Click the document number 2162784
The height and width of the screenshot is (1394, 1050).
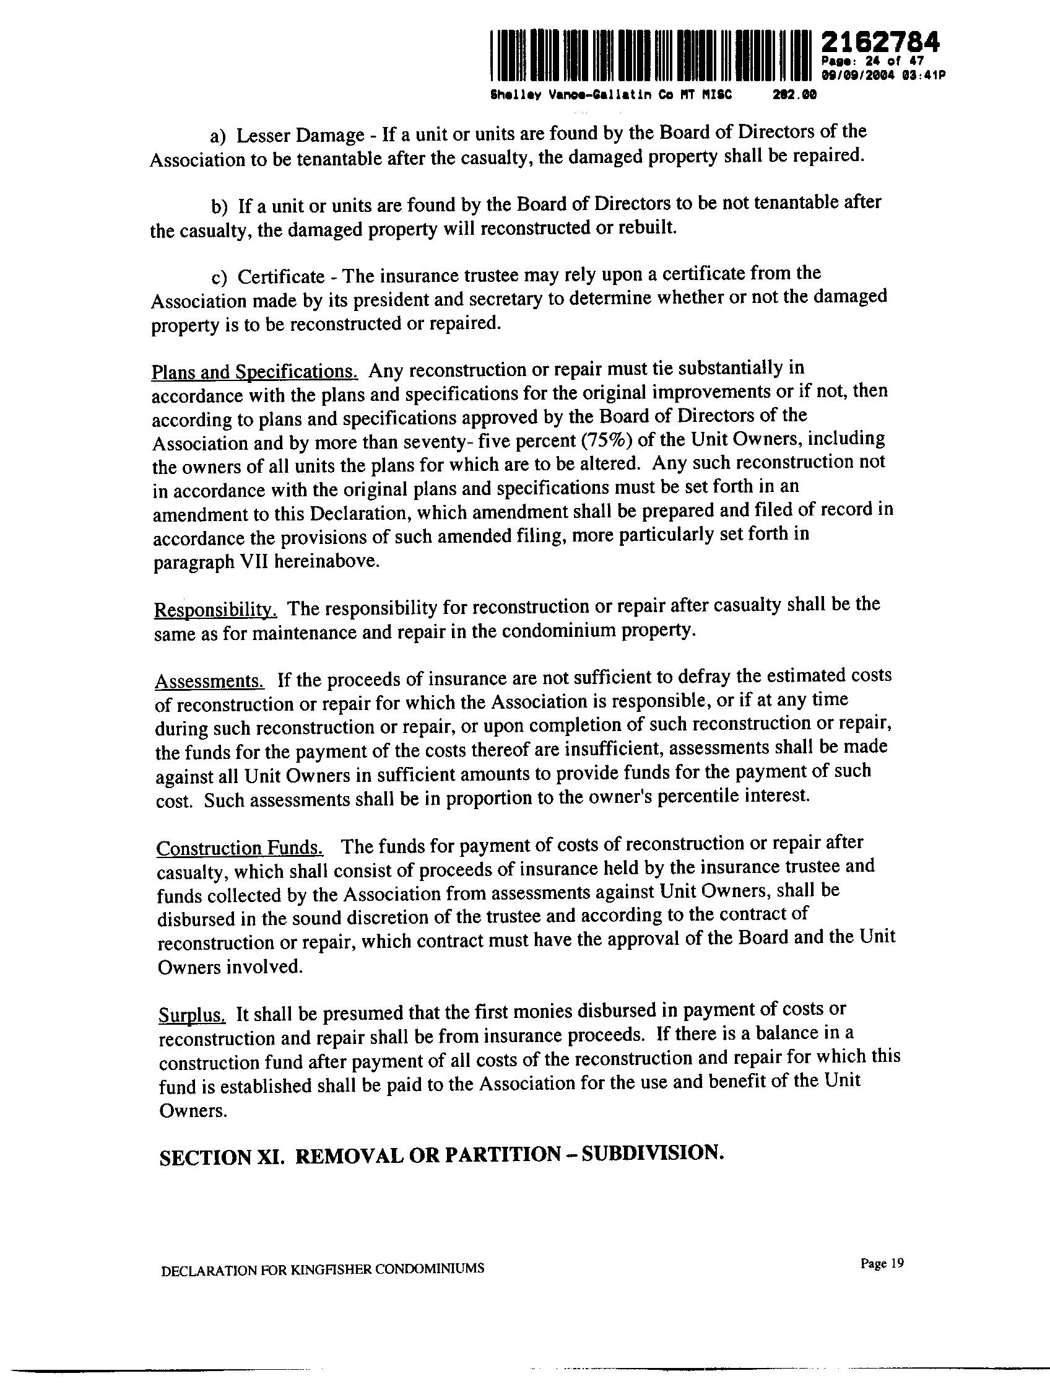pyautogui.click(x=880, y=42)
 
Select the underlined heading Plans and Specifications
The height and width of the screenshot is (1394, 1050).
pyautogui.click(x=254, y=372)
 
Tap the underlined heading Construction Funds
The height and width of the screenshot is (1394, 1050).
pyautogui.click(x=240, y=848)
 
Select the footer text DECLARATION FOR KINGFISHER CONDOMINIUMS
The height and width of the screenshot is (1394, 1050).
pyautogui.click(x=323, y=1269)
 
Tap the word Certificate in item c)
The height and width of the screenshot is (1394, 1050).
pyautogui.click(x=280, y=277)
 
